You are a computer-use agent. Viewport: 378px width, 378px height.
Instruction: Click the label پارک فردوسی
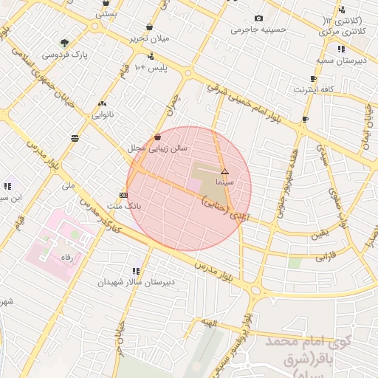pos(66,55)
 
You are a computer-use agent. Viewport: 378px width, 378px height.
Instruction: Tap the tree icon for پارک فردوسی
pos(66,42)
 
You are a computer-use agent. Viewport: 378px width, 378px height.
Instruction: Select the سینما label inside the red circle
pos(224,181)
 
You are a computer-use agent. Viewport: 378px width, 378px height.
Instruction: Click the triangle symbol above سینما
pos(224,171)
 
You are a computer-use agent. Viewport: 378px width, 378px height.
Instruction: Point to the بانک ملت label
pos(123,205)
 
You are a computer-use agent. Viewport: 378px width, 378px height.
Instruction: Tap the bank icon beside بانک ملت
pos(123,195)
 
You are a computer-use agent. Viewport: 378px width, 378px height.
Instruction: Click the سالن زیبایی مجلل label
pos(158,148)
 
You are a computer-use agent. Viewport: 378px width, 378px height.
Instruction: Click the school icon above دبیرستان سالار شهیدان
pos(135,271)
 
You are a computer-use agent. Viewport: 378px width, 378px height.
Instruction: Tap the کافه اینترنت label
pos(314,89)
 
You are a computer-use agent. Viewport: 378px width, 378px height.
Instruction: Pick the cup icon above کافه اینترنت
pos(314,78)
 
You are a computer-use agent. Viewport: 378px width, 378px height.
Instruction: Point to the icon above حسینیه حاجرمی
pos(258,18)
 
